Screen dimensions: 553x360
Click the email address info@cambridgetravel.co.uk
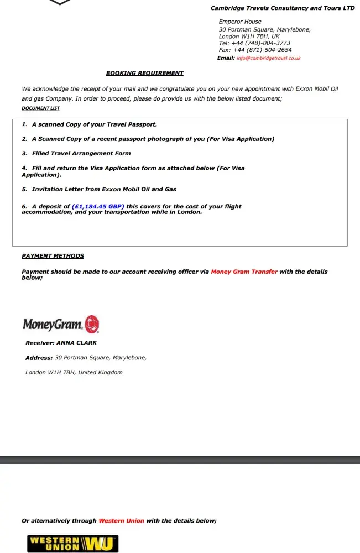tap(268, 58)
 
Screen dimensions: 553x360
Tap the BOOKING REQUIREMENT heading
tap(144, 73)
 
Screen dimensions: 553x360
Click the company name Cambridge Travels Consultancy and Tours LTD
tap(283, 8)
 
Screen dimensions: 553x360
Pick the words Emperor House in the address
tap(240, 22)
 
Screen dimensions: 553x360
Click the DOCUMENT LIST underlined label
tap(40, 108)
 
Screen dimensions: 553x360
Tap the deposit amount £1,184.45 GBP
tap(98, 207)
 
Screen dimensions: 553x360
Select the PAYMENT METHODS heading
tap(53, 256)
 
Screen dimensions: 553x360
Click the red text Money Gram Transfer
tap(244, 272)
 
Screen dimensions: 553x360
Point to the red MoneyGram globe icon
tap(92, 324)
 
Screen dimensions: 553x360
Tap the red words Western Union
tap(121, 521)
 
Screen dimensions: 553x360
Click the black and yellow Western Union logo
tap(72, 544)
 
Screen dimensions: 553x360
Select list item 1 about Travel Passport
tap(89, 124)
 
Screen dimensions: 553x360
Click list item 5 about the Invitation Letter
tap(99, 189)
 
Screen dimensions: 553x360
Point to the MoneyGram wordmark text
tap(53, 325)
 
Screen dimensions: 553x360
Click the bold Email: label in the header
tap(226, 58)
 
